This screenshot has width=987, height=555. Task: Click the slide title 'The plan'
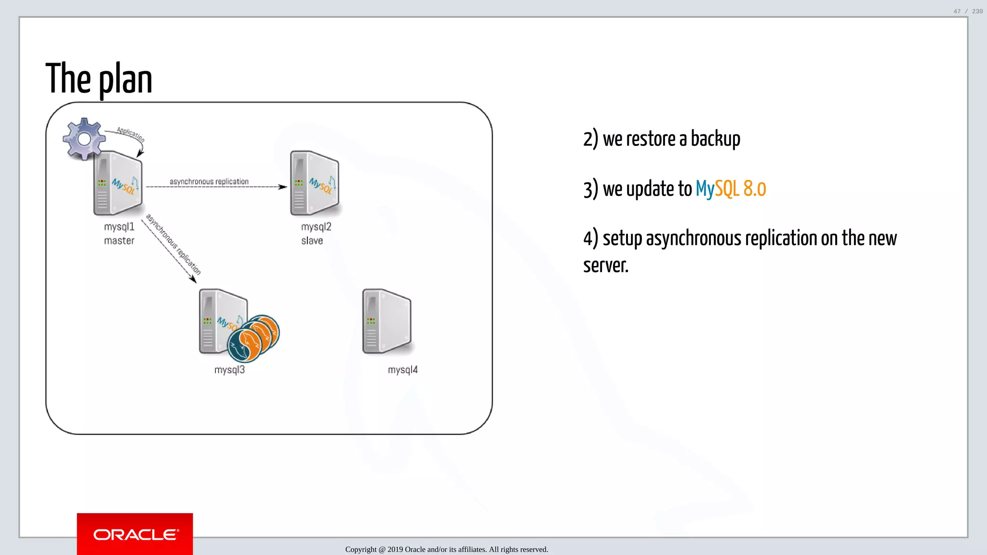[99, 79]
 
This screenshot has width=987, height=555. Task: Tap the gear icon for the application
[84, 139]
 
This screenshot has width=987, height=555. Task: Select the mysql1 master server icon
[118, 184]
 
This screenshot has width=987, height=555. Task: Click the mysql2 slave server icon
[315, 184]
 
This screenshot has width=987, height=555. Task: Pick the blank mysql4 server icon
[387, 322]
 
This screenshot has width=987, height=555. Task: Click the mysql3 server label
[229, 370]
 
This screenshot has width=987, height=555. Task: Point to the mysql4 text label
[402, 370]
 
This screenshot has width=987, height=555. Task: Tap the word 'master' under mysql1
[119, 240]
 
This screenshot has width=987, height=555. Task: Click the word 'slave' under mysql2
[312, 240]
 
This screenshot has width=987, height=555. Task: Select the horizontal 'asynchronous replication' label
[209, 181]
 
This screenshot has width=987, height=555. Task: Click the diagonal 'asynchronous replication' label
[173, 244]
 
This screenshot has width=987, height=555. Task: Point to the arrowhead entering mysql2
[283, 187]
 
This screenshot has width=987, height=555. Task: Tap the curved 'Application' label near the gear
[130, 134]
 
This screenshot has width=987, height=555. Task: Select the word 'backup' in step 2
[715, 139]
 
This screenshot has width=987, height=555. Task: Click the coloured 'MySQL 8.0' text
[731, 189]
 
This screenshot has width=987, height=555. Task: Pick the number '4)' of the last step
[590, 238]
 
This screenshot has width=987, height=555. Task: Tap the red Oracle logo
[135, 534]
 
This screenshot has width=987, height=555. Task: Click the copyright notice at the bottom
[446, 549]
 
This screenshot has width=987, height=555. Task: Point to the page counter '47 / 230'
[968, 11]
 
